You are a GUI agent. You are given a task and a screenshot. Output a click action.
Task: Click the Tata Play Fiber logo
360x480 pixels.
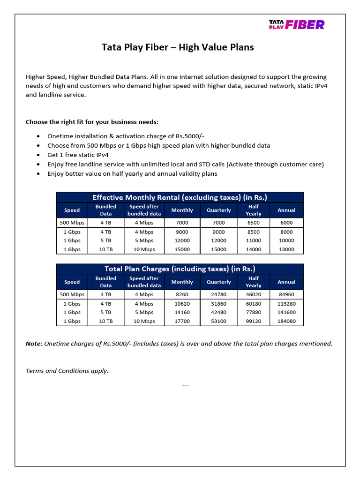296,24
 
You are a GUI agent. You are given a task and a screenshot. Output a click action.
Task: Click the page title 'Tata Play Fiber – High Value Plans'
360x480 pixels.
178,47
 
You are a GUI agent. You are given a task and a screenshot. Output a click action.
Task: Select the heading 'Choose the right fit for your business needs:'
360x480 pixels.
92,122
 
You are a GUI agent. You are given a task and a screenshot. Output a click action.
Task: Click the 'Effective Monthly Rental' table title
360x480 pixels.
180,197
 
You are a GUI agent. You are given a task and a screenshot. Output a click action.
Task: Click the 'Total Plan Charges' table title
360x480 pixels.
180,269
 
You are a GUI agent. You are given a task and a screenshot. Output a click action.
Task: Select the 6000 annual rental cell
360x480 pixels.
286,223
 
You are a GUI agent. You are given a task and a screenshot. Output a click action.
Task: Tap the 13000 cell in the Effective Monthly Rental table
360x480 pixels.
286,249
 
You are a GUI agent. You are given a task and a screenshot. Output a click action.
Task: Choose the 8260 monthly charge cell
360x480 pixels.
182,294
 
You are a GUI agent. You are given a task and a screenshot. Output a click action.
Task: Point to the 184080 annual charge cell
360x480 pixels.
286,321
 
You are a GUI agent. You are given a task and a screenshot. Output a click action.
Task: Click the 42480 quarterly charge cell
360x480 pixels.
218,312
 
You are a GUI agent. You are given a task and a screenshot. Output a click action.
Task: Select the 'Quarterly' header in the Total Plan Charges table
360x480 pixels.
218,282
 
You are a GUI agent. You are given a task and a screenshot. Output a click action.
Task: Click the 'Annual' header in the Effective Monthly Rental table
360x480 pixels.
286,210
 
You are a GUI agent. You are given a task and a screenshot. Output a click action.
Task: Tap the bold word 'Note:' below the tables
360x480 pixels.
34,344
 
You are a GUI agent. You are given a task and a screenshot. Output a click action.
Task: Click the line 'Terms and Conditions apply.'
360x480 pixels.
67,371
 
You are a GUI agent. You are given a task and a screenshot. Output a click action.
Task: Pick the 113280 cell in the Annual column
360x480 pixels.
286,304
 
